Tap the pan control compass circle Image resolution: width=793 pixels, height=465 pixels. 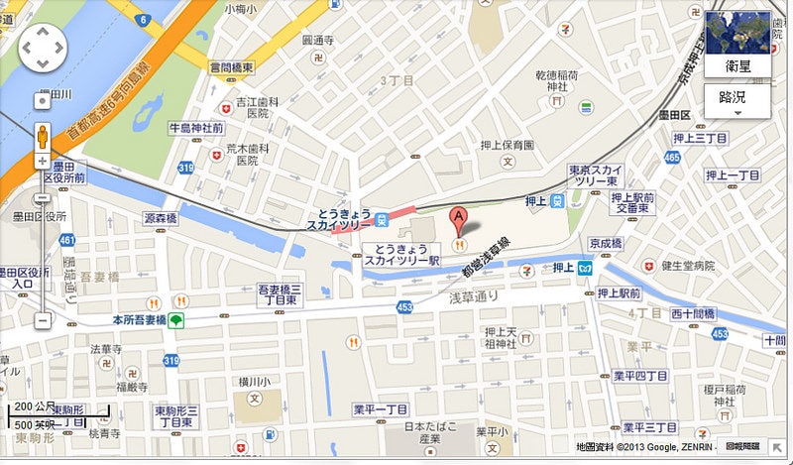[x=41, y=45]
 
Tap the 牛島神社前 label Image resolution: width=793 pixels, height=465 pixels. [x=196, y=129]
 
